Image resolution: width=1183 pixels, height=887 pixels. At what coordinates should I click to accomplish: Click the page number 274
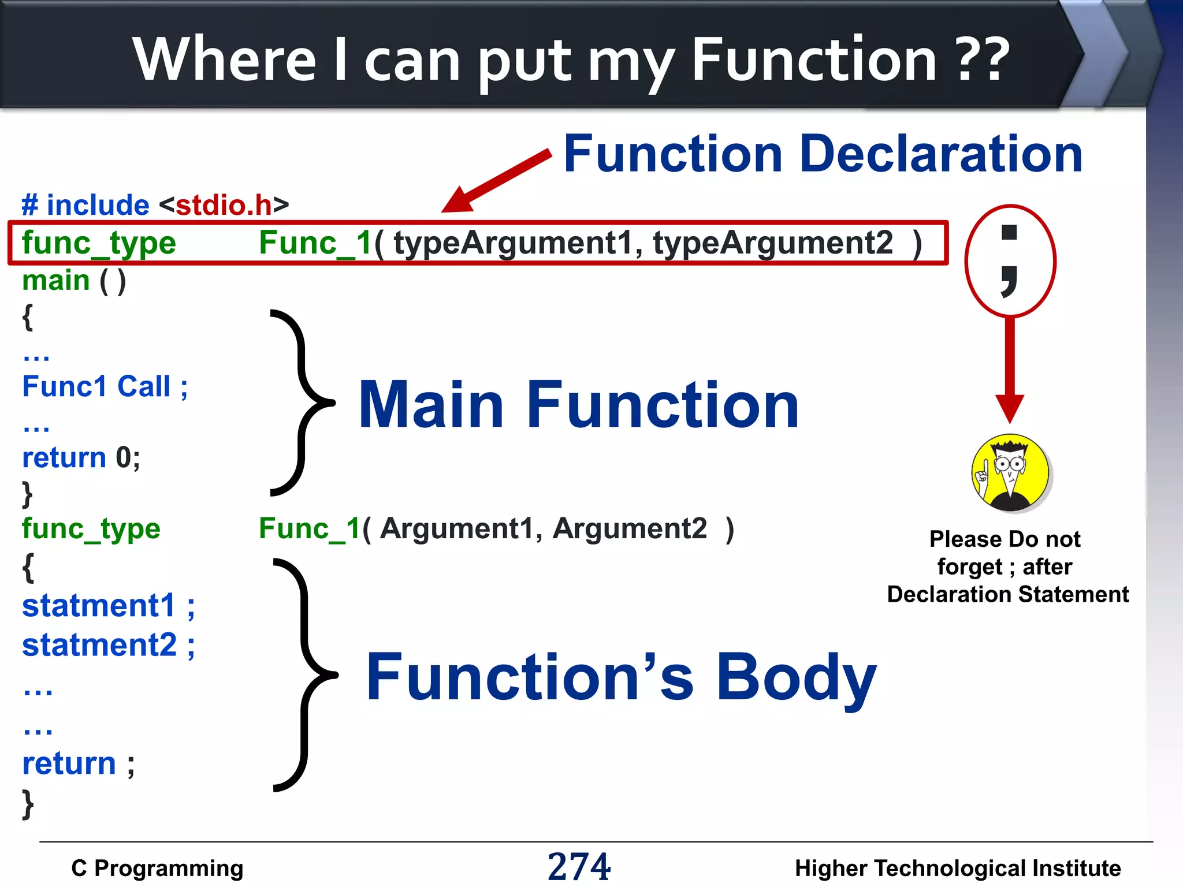[579, 866]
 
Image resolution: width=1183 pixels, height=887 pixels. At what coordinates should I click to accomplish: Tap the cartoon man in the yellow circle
[1010, 473]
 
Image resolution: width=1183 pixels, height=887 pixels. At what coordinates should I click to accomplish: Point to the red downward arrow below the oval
[1010, 370]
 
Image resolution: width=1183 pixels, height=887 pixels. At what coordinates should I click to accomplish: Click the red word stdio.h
[224, 205]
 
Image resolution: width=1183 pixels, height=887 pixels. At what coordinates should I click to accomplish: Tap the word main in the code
[56, 281]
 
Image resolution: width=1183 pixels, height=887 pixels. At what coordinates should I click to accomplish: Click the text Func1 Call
[96, 386]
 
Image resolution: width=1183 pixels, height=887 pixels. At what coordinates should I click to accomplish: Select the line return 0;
[81, 457]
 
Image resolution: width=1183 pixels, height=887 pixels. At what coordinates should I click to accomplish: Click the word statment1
[98, 606]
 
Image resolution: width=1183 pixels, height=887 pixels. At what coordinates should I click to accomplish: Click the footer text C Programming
[157, 868]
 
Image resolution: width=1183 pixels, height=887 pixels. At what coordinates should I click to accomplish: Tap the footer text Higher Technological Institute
[957, 868]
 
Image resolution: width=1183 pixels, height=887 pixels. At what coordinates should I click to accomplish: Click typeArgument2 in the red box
[773, 243]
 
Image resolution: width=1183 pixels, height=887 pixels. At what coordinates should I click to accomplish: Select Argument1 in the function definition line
[456, 528]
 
